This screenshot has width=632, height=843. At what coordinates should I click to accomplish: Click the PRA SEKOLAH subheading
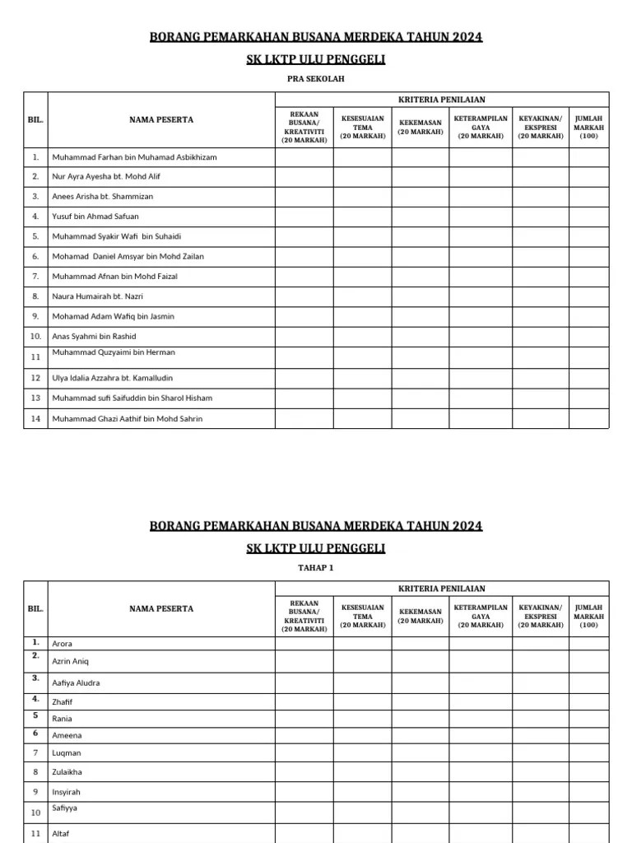[315, 79]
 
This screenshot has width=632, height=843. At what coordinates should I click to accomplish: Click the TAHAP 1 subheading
[315, 568]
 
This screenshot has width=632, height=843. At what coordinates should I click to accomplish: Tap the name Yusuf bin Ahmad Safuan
[95, 217]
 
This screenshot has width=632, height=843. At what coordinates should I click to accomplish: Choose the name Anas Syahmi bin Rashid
[94, 336]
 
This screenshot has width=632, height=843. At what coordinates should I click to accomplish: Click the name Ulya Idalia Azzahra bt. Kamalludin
[121, 378]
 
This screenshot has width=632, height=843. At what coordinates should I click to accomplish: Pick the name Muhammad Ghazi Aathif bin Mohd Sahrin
[127, 419]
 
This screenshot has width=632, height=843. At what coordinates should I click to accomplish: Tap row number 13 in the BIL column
[35, 398]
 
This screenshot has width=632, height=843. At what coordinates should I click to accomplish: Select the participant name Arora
[63, 644]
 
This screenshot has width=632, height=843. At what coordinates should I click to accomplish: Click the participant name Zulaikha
[67, 772]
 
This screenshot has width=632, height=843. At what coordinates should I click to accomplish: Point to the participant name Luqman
[67, 753]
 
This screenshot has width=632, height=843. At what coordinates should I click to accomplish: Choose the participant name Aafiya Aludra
[77, 683]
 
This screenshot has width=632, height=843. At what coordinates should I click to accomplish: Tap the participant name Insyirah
[67, 792]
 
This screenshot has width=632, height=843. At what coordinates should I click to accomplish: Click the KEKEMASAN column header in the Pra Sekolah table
[421, 127]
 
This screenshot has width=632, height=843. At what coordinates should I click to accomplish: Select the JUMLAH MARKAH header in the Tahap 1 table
[588, 616]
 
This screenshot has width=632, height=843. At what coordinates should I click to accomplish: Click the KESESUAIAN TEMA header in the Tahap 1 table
[362, 616]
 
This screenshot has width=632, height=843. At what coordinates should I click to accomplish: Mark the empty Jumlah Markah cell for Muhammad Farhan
[588, 156]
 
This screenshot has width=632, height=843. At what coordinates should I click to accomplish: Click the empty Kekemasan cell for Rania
[421, 718]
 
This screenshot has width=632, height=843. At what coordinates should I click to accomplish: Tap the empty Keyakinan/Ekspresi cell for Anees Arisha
[541, 197]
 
